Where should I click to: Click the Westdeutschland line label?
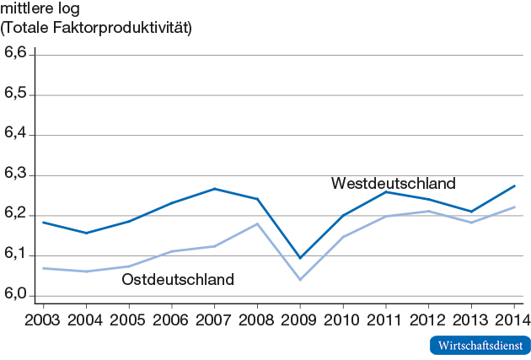[x=393, y=183]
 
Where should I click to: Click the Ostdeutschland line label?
[x=178, y=279]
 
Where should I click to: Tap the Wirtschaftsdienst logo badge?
[x=480, y=345]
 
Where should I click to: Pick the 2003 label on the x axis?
[x=42, y=320]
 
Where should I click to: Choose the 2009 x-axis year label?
[x=300, y=320]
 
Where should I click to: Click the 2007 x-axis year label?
[x=214, y=320]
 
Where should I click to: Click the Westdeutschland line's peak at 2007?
[x=214, y=189]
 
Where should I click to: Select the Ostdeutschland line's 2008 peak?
[x=257, y=223]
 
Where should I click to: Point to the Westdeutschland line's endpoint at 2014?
[x=514, y=185]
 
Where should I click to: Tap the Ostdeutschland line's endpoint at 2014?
[x=514, y=207]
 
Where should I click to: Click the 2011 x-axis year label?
[x=385, y=320]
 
